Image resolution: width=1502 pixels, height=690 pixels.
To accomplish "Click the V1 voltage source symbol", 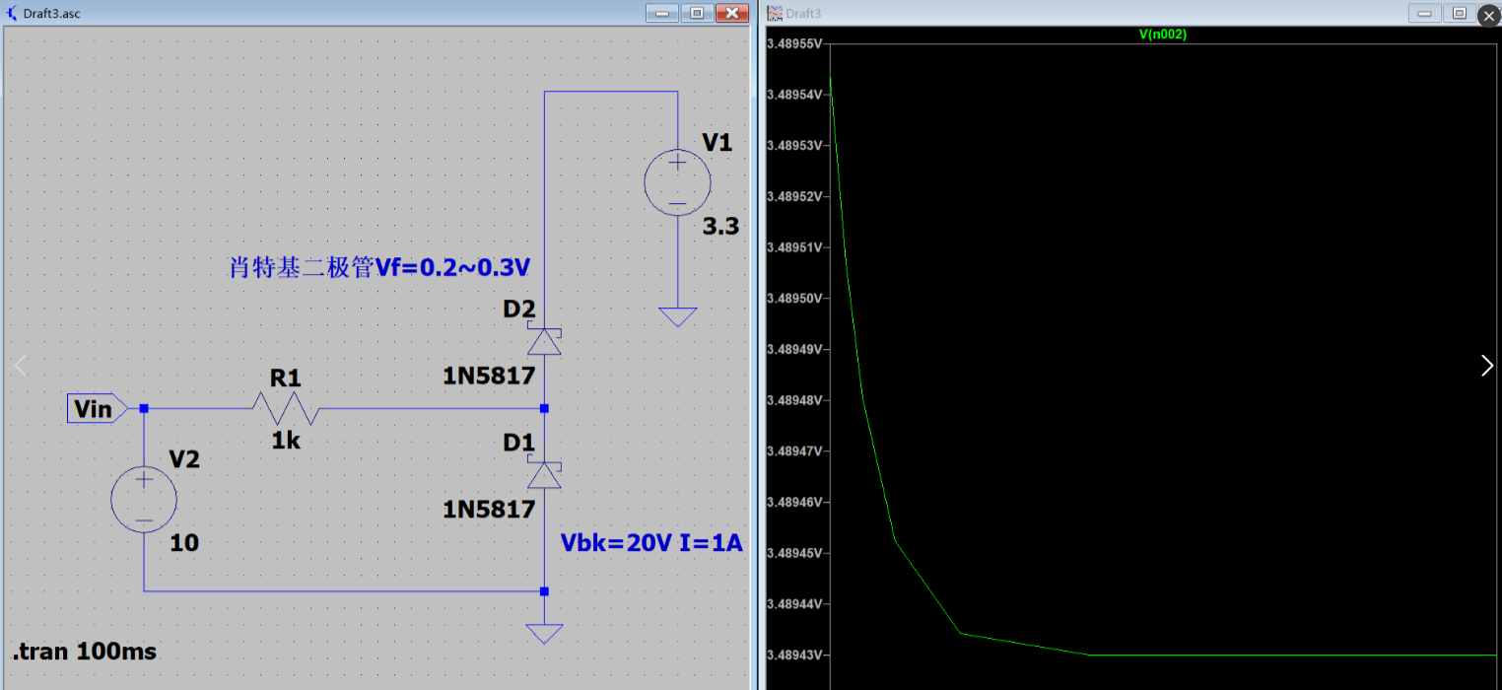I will [677, 181].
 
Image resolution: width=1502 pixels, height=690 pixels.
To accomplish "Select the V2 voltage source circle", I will [144, 500].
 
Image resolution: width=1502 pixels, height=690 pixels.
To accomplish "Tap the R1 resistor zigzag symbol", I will [285, 407].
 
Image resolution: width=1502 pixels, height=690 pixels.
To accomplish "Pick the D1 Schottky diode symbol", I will [544, 475].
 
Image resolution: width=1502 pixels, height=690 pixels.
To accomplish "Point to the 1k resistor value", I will [286, 441].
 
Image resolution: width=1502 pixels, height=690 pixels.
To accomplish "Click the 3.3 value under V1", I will [720, 228].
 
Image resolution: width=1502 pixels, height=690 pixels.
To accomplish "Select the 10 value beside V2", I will [184, 543].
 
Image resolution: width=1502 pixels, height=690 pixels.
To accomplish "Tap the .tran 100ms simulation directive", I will [85, 652].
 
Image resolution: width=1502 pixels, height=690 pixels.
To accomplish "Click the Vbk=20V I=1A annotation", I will [651, 543].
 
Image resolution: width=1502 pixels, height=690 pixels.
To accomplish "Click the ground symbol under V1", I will [677, 316].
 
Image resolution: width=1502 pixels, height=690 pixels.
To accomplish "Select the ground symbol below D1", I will [544, 633].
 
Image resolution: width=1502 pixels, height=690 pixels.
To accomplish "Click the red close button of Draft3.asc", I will [731, 13].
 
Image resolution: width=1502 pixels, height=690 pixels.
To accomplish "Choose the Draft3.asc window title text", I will [52, 13].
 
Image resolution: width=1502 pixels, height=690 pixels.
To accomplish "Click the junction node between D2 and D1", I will [544, 408].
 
